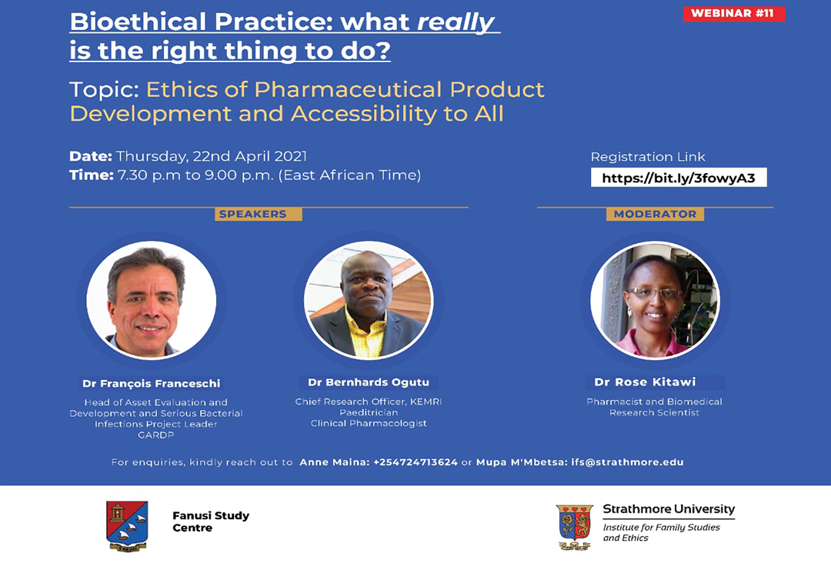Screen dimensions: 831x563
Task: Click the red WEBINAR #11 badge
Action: coord(734,13)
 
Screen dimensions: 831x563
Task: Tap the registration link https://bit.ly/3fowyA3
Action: coord(679,178)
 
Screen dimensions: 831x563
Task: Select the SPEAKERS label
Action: coord(253,214)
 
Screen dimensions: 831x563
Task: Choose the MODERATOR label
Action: coord(655,214)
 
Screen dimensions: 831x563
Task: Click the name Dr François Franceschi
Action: coord(151,384)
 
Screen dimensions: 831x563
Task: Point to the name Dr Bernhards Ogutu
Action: coord(369,382)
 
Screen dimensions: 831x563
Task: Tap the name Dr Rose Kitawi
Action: coord(645,381)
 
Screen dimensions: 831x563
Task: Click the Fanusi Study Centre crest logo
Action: coord(127,526)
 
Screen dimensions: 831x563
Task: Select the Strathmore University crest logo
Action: coord(575,527)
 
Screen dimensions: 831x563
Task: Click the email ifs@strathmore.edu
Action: coord(627,462)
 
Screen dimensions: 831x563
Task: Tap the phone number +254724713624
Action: coord(415,462)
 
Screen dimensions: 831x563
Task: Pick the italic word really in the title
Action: coord(456,22)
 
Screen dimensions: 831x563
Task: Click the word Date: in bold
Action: coord(91,156)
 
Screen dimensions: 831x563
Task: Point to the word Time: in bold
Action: coord(91,175)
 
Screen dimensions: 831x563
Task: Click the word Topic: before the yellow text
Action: coord(104,90)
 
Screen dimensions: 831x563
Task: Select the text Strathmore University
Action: coord(669,509)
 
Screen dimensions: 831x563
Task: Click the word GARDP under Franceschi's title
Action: coord(155,435)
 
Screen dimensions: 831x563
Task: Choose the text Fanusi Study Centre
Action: coord(211,521)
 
